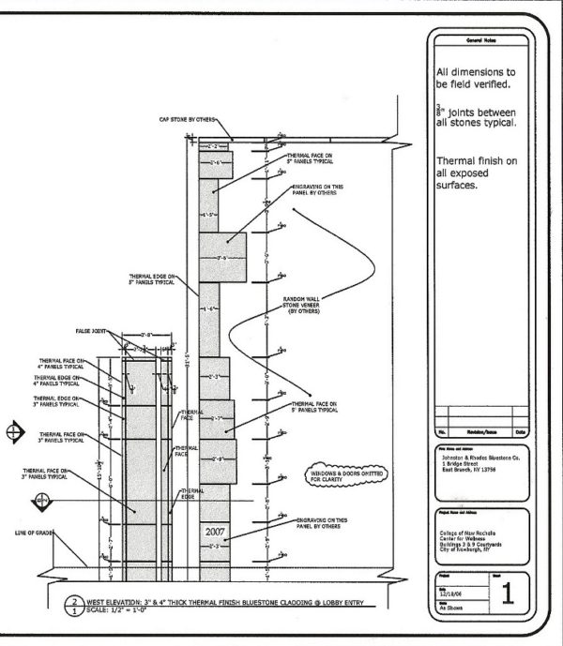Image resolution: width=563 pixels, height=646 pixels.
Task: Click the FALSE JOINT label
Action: coord(92,331)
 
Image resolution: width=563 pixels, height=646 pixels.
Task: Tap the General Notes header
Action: coord(479,40)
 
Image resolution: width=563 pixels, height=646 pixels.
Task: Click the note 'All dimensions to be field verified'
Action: coord(479,77)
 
